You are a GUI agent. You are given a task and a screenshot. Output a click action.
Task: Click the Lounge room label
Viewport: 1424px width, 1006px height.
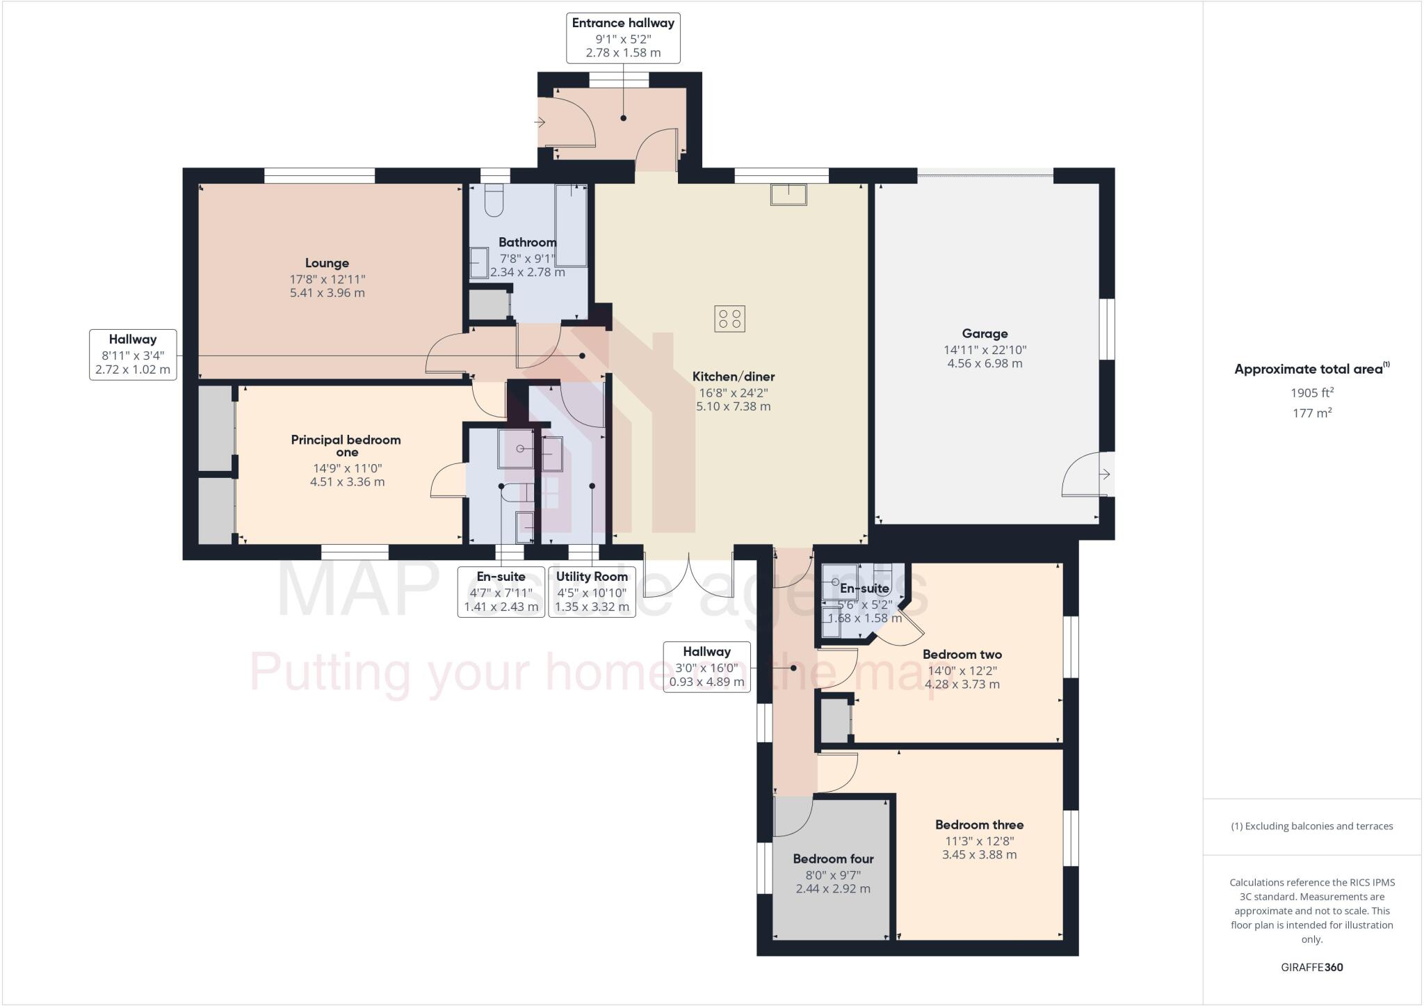(327, 263)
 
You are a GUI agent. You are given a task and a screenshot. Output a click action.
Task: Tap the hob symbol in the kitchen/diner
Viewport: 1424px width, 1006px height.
(729, 319)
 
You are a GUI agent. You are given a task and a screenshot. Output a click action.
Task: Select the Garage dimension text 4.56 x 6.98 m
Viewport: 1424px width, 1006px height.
(985, 363)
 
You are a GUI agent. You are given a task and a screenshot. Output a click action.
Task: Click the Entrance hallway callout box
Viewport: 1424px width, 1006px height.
(623, 38)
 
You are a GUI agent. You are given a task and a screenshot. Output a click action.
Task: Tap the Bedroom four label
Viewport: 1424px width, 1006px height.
(833, 859)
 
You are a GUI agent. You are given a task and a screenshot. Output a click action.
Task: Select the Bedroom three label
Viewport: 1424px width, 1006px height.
(979, 824)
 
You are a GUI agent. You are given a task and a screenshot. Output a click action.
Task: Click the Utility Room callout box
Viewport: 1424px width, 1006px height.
(592, 591)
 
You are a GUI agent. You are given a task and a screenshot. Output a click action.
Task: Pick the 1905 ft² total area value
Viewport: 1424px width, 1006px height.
(1311, 392)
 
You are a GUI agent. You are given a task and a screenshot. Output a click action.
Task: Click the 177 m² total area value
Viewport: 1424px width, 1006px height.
(1311, 413)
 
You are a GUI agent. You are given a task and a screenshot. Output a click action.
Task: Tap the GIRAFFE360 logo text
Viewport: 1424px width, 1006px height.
(1311, 967)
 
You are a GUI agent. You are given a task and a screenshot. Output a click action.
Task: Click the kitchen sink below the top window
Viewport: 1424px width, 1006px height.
(788, 194)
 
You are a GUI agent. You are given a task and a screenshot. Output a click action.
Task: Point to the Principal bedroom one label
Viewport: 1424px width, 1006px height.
(346, 445)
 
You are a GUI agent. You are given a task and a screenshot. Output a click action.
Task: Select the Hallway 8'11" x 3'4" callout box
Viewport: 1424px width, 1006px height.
(133, 355)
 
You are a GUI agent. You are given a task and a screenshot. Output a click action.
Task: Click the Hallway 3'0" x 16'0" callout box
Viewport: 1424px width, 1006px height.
(706, 666)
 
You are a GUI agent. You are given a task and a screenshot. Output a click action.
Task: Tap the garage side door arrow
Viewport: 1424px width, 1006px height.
(1105, 474)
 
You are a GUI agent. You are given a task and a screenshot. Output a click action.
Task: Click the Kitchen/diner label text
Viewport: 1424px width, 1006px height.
(733, 376)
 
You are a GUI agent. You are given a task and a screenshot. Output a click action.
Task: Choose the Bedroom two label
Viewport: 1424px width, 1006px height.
(962, 654)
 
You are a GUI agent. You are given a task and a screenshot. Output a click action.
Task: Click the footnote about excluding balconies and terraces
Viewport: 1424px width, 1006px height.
(1311, 827)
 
